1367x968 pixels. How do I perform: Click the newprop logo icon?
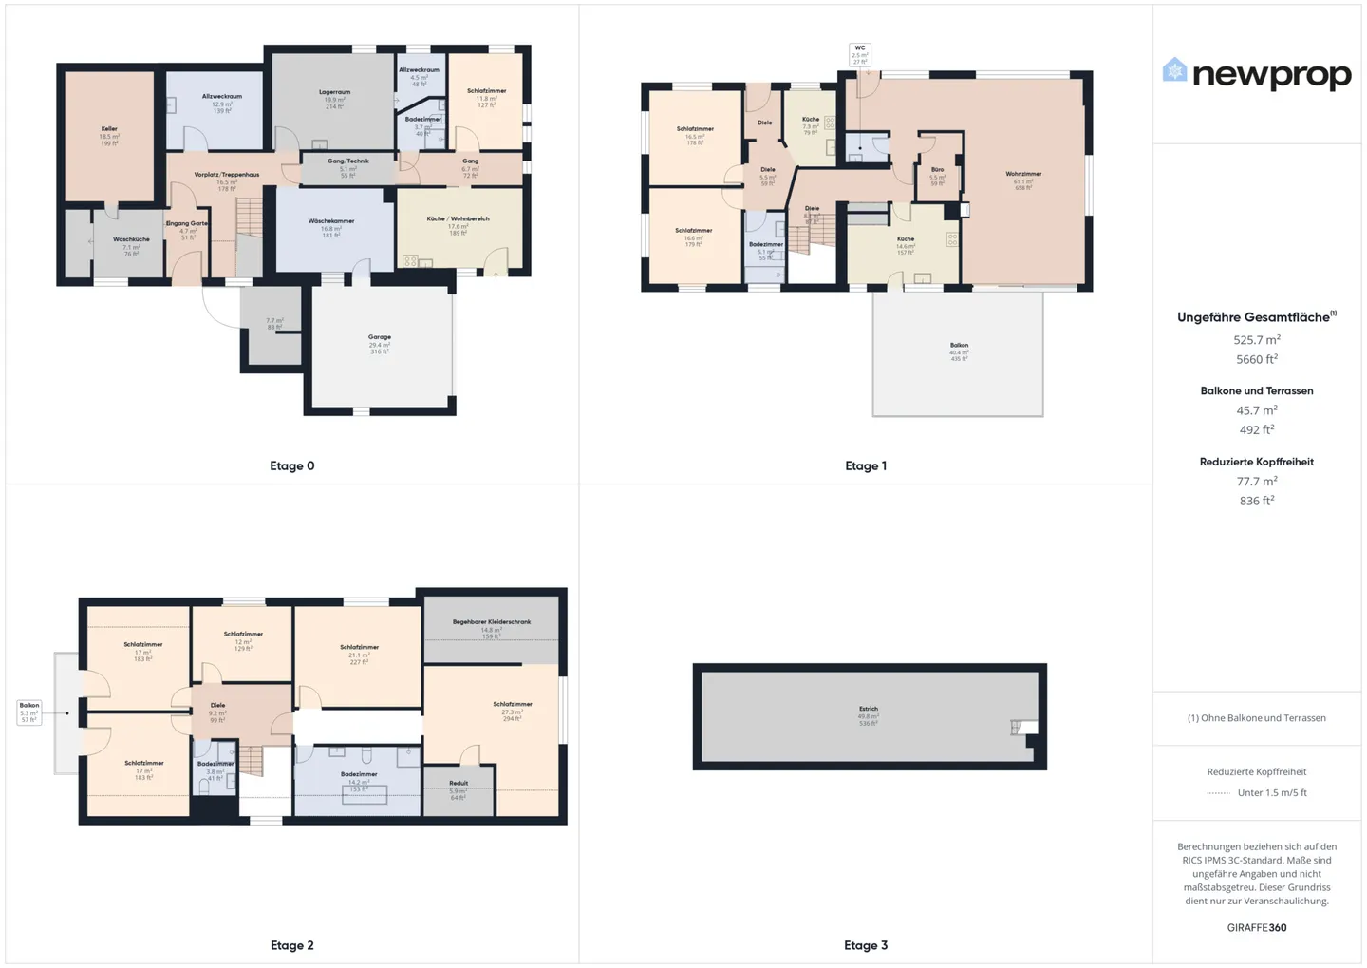[1174, 70]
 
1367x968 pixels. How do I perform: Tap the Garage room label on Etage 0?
[380, 337]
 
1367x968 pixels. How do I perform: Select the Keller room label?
[109, 129]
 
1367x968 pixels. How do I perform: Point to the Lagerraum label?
[334, 93]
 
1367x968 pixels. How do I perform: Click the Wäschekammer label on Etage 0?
[331, 221]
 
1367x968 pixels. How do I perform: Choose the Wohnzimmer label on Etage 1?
[1023, 174]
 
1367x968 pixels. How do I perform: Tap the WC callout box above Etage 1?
[859, 54]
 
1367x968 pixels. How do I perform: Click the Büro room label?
[937, 170]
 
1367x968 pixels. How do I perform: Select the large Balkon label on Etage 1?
[959, 346]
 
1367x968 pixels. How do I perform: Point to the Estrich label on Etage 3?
[869, 709]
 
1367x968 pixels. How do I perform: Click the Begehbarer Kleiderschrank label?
[492, 622]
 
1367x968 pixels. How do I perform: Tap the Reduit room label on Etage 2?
[459, 784]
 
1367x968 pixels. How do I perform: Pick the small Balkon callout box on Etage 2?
[29, 712]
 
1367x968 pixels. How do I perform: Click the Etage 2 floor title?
[291, 945]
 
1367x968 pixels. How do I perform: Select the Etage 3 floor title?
[866, 945]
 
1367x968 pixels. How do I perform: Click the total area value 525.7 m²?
[1257, 340]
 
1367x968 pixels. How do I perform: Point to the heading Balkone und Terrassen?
[1257, 390]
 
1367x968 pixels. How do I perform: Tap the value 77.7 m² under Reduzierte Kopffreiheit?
[1257, 482]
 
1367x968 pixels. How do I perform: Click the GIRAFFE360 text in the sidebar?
[1257, 927]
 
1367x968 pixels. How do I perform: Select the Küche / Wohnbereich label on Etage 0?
[458, 218]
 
